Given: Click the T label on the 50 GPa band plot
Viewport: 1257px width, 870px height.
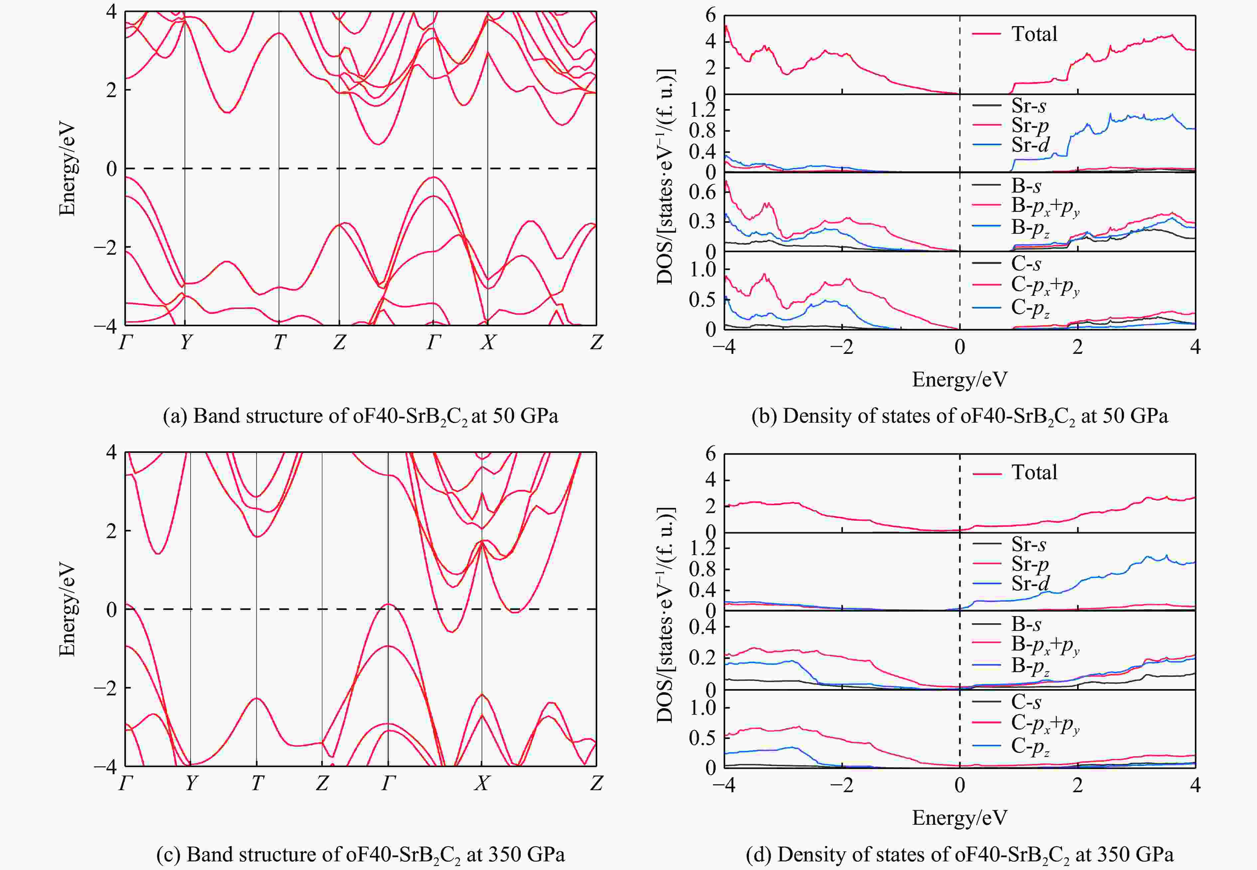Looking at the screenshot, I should click(x=279, y=342).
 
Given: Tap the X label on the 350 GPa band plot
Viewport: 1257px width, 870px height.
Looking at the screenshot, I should click(x=481, y=783).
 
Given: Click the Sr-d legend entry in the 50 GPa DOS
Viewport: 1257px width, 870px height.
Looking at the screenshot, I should click(x=1030, y=145).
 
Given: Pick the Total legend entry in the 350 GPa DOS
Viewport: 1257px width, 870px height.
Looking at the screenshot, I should click(x=1034, y=472).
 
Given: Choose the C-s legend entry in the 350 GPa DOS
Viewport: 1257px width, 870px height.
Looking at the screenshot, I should click(x=1026, y=702).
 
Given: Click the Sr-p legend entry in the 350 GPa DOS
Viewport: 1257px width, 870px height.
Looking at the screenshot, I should click(x=1030, y=564).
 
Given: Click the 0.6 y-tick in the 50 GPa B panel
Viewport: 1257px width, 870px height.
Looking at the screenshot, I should click(x=702, y=193).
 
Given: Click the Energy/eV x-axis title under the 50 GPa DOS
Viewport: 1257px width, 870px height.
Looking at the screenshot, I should click(x=959, y=379).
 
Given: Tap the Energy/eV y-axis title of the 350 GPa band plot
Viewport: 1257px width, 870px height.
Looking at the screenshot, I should click(x=67, y=610).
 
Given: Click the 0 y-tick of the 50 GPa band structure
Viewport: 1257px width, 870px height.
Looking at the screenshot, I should click(x=112, y=168).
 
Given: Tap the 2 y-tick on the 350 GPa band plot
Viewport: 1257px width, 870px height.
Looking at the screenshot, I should click(x=112, y=530).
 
